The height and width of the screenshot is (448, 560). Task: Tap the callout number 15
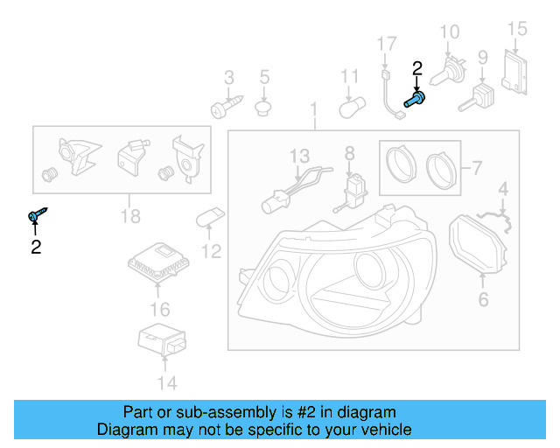click(518, 29)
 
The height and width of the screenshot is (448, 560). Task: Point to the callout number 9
click(482, 59)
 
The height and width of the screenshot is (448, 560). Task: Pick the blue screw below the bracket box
click(38, 214)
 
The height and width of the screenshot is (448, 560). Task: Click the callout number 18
click(130, 216)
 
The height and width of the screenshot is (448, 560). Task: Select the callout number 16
click(159, 309)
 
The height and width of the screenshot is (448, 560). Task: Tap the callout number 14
click(166, 382)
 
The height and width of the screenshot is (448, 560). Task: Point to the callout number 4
click(503, 188)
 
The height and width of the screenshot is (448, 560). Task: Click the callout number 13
click(300, 156)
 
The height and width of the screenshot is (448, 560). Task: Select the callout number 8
click(349, 154)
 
